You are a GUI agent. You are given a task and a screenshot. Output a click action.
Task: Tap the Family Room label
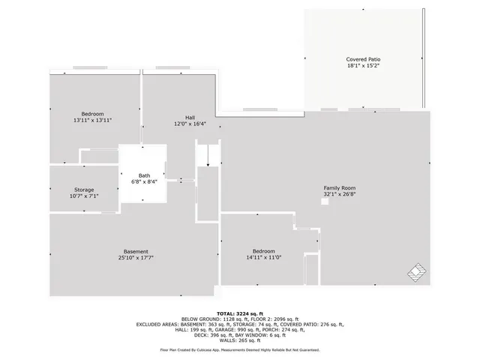pyautogui.click(x=339, y=187)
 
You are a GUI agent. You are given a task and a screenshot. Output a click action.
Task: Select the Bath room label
pyautogui.click(x=143, y=175)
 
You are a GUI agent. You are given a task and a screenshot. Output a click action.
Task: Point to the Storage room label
pyautogui.click(x=84, y=190)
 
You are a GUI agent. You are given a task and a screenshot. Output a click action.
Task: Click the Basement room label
pyautogui.click(x=136, y=251)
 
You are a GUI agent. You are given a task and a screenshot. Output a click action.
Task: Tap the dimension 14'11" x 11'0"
pyautogui.click(x=263, y=257)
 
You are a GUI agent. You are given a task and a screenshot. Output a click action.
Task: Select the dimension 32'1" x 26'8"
pyautogui.click(x=339, y=194)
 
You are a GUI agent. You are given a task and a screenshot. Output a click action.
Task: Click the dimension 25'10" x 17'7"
pyautogui.click(x=136, y=257)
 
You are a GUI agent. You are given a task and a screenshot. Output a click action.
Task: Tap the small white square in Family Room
pyautogui.click(x=324, y=200)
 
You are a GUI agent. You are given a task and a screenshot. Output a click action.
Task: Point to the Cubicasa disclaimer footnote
pyautogui.click(x=239, y=349)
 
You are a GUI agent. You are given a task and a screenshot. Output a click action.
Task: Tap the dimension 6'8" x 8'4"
pyautogui.click(x=143, y=181)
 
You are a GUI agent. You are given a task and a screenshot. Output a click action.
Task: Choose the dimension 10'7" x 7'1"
pyautogui.click(x=84, y=196)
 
